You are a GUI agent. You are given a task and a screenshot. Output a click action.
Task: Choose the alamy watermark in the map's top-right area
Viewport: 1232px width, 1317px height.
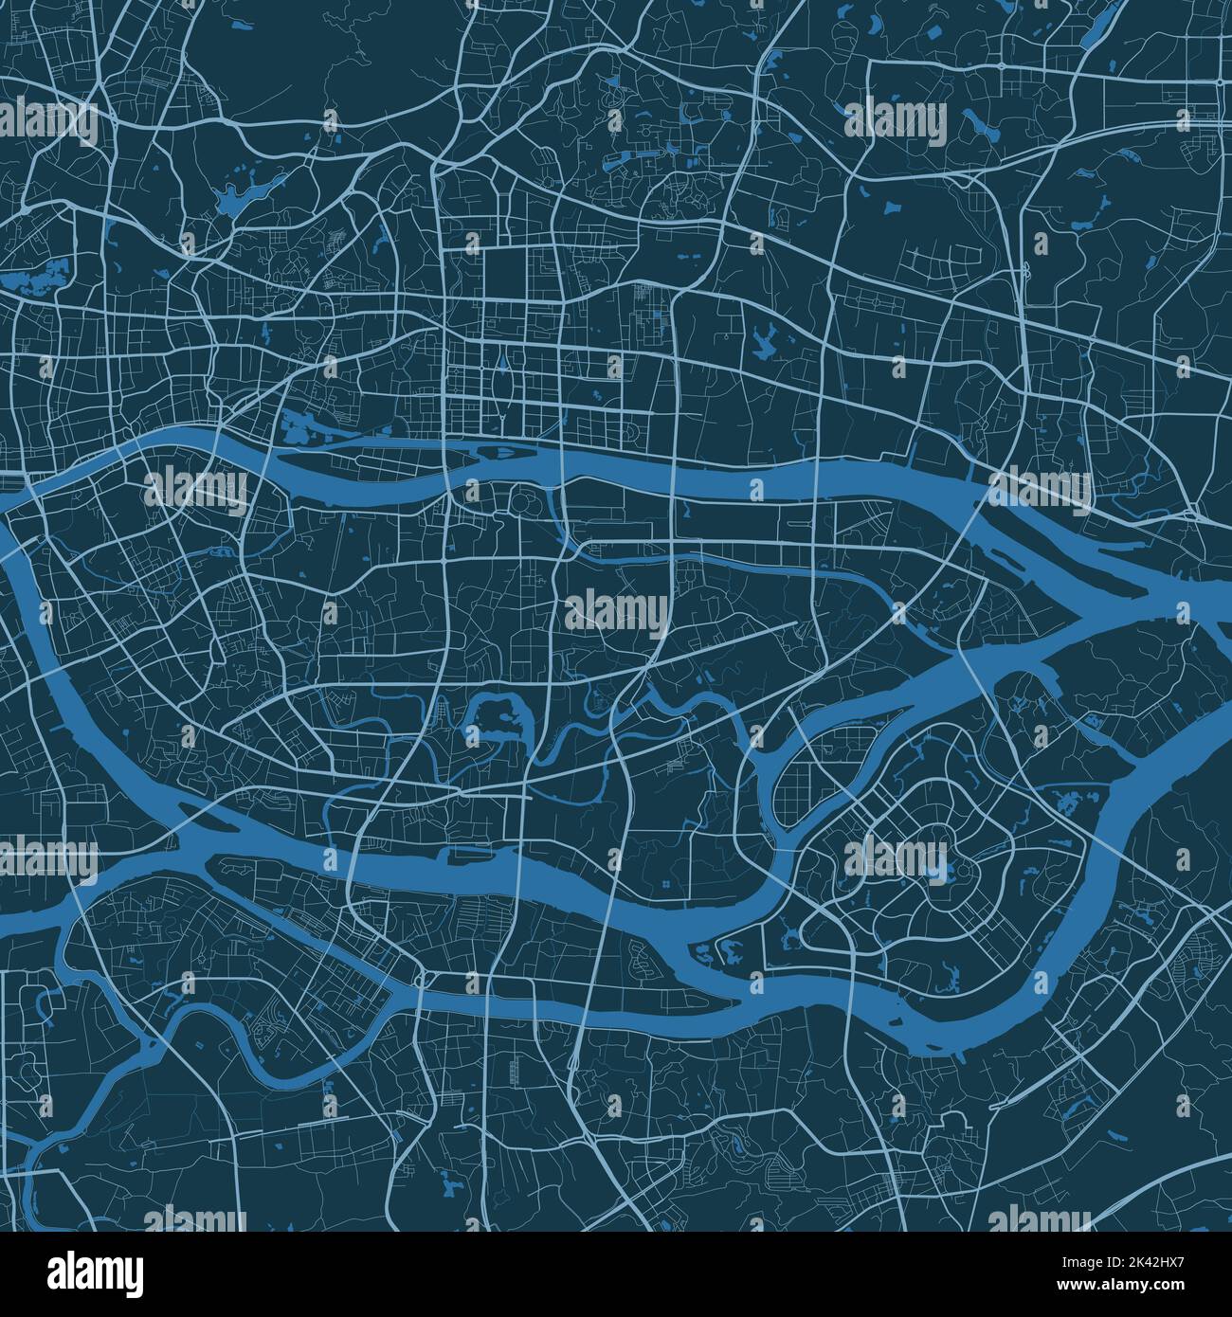point(896,121)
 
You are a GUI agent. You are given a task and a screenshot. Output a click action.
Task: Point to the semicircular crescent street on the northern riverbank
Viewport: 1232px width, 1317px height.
point(631,434)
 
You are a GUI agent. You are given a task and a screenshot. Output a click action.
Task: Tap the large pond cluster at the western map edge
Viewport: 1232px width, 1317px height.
point(33,275)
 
